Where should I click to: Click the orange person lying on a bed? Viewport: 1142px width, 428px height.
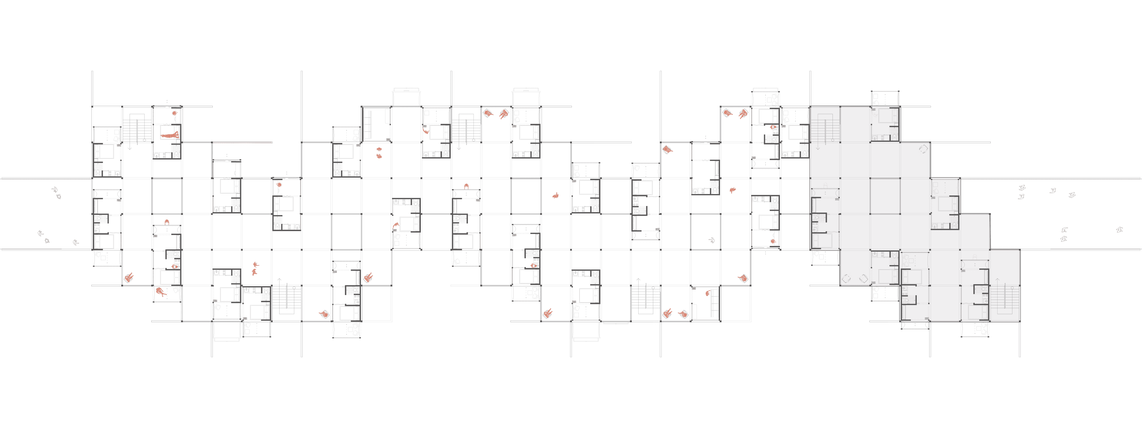169,135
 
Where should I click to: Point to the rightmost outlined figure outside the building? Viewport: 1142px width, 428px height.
1120,229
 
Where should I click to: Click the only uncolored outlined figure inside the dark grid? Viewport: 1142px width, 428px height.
711,241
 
